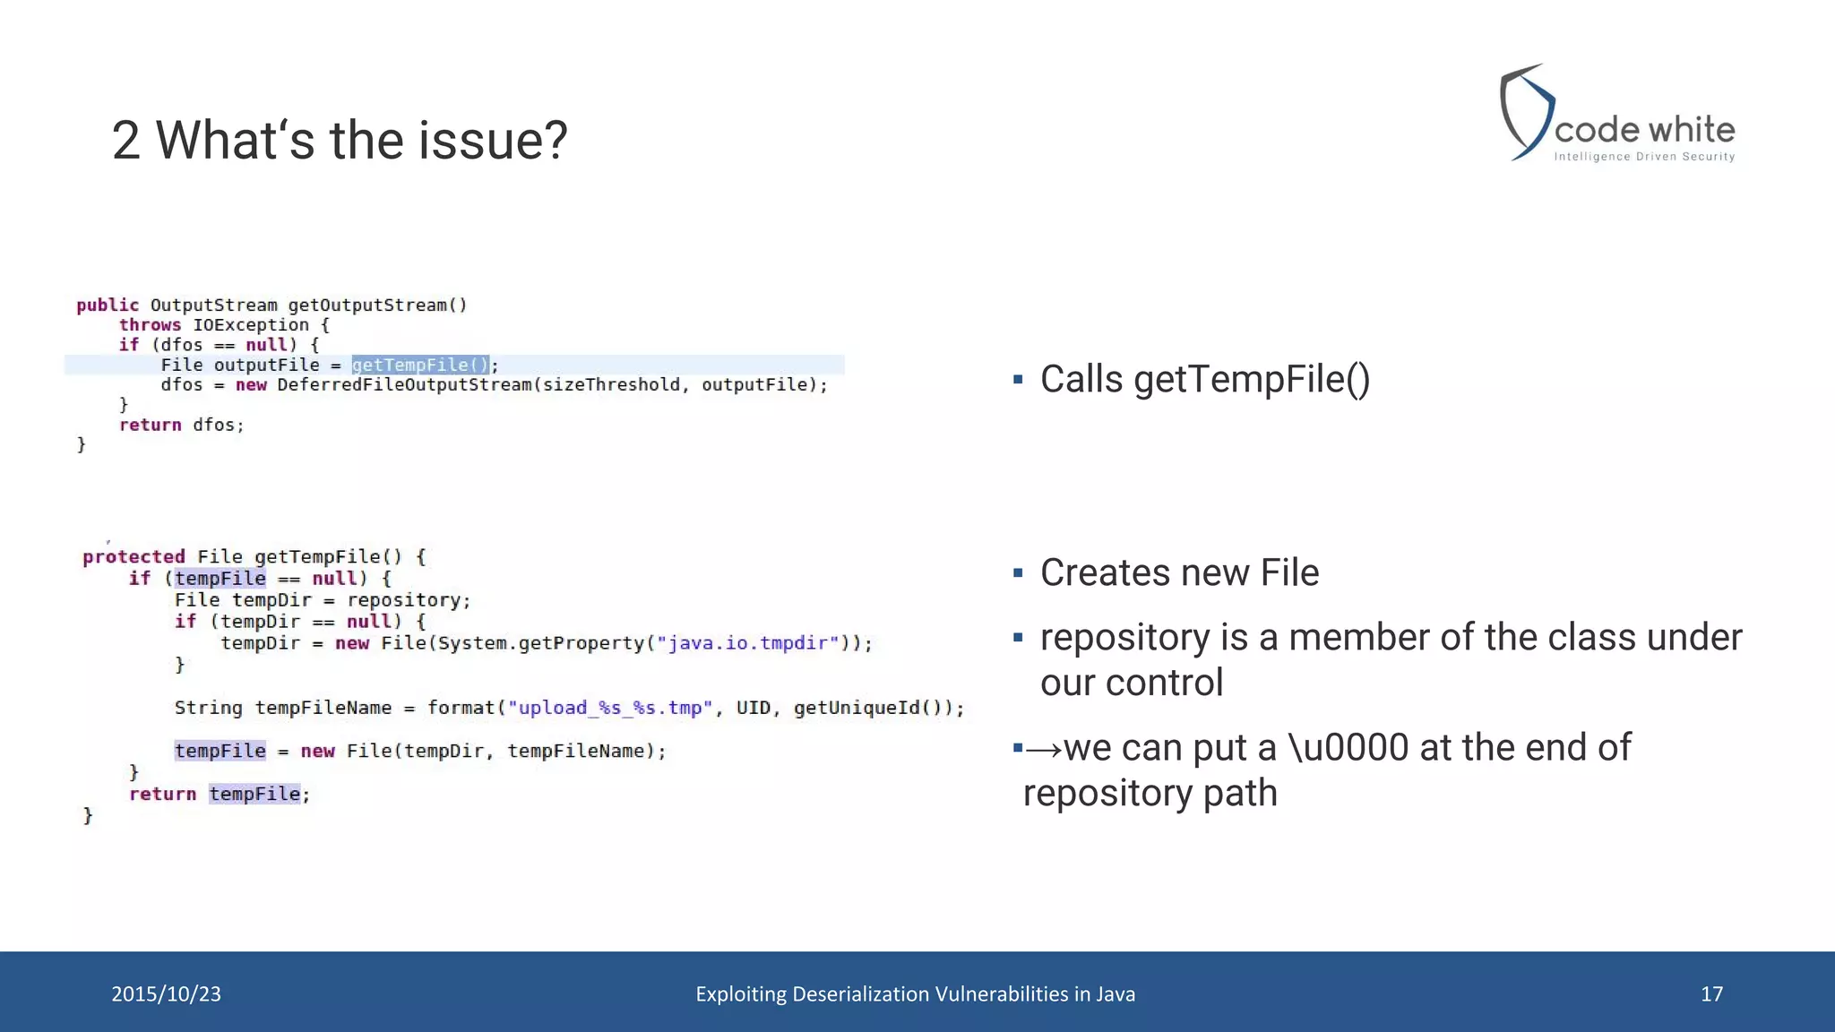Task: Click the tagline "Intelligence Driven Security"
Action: click(1644, 157)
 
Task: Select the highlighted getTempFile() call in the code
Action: click(420, 365)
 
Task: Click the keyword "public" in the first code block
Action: click(108, 305)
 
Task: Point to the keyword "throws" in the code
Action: click(150, 325)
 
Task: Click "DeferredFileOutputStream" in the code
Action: click(404, 385)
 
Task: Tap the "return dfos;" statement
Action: click(182, 425)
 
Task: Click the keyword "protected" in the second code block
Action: click(134, 556)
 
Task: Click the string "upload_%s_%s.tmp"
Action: click(610, 708)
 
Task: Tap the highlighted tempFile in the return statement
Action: click(254, 794)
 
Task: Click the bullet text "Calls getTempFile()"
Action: click(1204, 379)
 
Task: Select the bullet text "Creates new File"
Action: click(1179, 572)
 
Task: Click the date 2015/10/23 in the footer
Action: click(167, 993)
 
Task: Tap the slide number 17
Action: click(1711, 993)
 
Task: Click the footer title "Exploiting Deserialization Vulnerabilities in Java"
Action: click(915, 993)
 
